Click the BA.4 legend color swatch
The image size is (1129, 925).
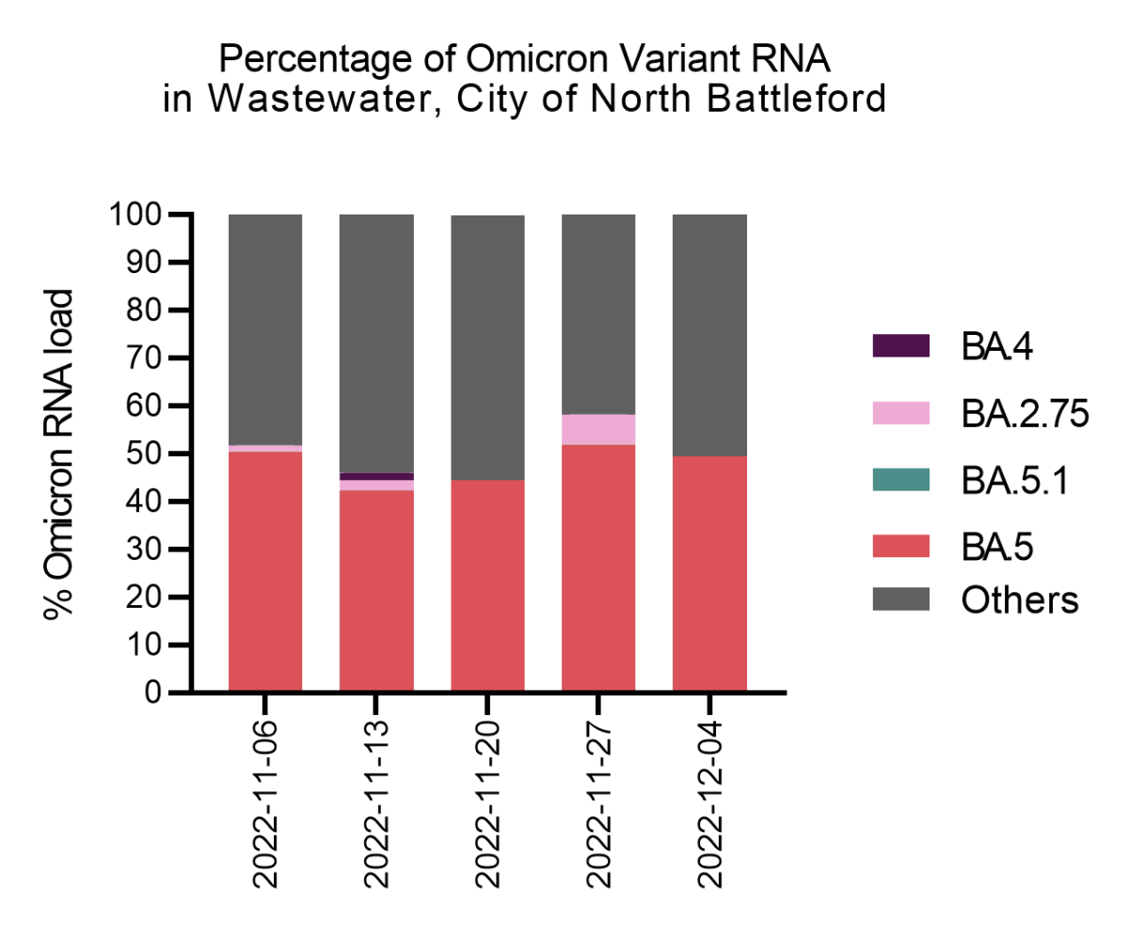pos(901,346)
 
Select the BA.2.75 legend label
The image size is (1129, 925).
pos(1024,413)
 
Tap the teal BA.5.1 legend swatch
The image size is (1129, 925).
pos(901,479)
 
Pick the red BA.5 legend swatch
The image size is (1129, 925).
pos(901,545)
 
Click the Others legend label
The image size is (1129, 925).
pos(1018,599)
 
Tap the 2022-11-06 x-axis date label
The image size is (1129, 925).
pos(266,805)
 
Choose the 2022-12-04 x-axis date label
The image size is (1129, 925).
pos(710,805)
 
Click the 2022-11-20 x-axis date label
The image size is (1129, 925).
pos(488,805)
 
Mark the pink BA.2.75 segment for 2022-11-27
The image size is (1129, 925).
pos(598,429)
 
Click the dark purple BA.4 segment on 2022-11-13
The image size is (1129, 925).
pos(376,476)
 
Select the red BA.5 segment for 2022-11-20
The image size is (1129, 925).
pos(487,583)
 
